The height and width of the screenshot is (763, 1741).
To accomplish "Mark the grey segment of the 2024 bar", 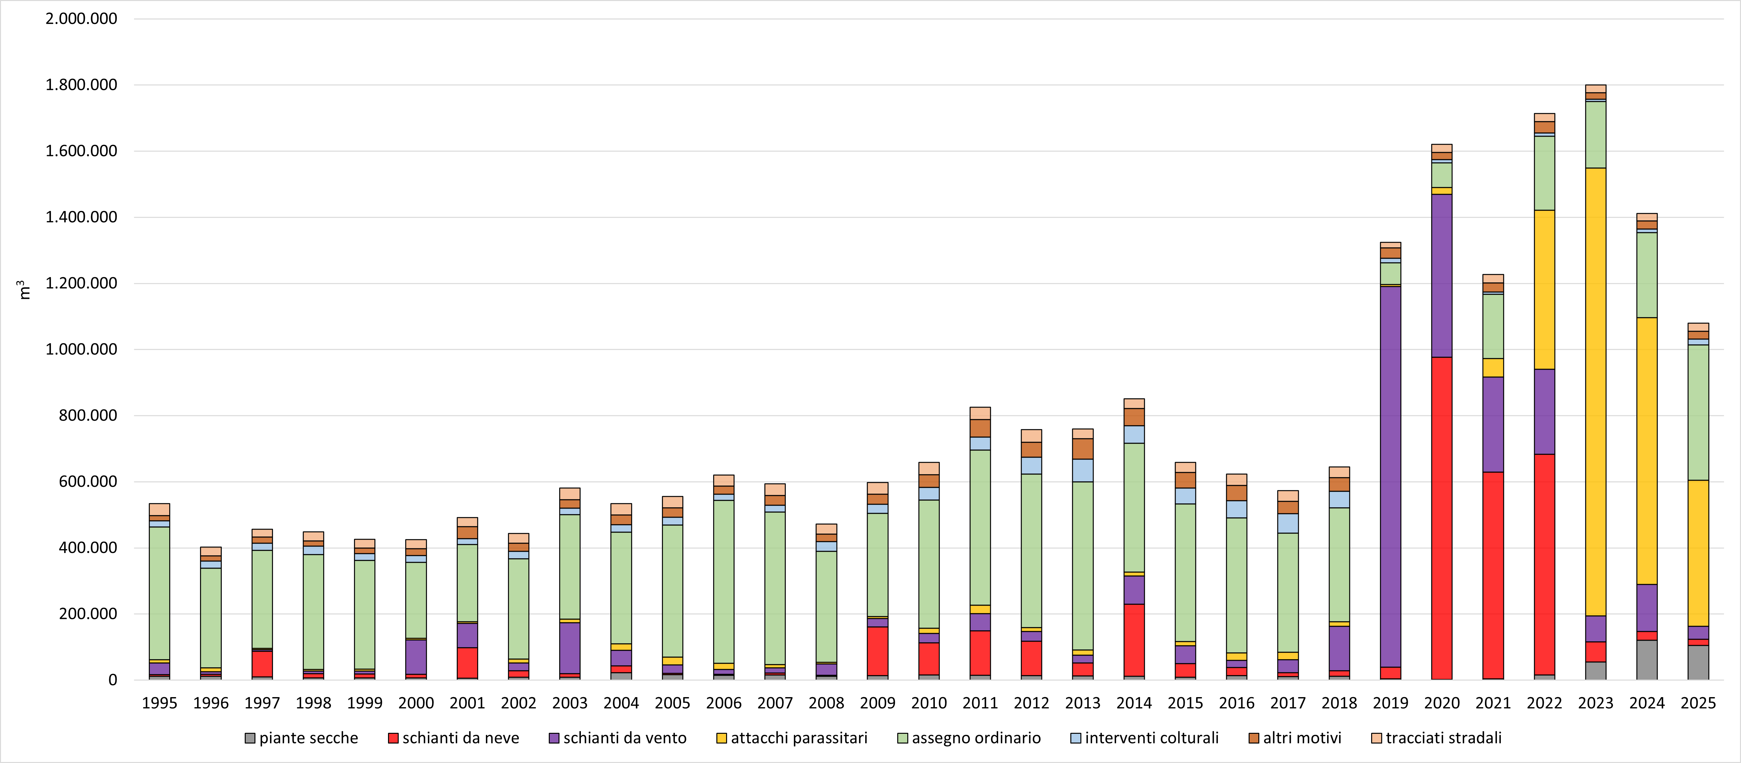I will pos(1647,659).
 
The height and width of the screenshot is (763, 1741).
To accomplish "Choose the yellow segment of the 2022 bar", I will pos(1544,289).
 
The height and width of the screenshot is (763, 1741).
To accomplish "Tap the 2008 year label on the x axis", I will pos(826,704).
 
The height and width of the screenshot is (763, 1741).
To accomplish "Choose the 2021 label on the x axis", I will pos(1493,704).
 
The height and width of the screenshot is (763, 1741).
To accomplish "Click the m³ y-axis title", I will pos(24,289).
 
